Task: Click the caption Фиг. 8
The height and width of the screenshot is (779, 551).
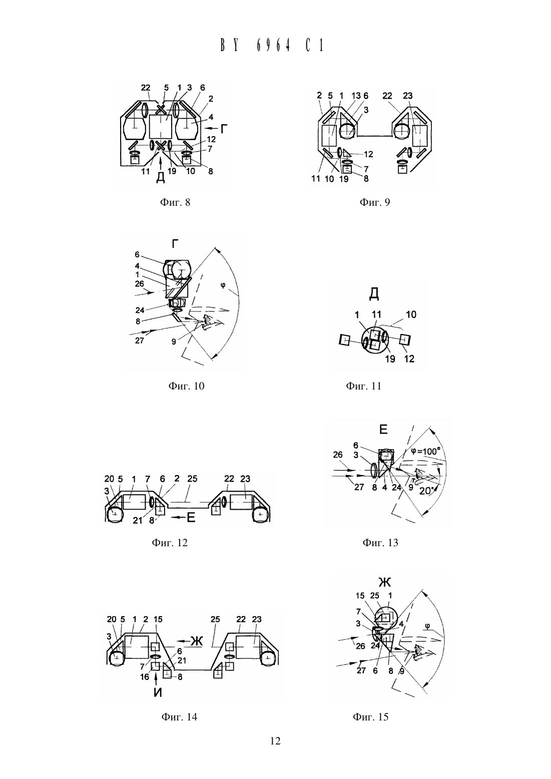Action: coord(175,202)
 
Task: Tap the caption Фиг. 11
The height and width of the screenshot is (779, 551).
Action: coord(364,386)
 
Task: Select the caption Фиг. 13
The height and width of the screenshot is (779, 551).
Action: coord(380,543)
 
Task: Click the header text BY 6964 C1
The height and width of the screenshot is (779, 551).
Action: coord(273,46)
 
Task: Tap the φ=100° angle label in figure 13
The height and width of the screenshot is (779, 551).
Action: coord(425,451)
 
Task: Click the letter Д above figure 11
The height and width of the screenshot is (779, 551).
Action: coord(374,294)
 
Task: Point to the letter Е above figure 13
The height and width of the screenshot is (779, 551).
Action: coord(383,430)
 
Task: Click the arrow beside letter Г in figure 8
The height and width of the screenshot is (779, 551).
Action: coord(211,128)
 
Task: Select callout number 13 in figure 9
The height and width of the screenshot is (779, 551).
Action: coord(356,96)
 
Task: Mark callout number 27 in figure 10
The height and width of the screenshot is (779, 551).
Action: coord(140,340)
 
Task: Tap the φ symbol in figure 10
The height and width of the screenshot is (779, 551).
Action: coord(223,285)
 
